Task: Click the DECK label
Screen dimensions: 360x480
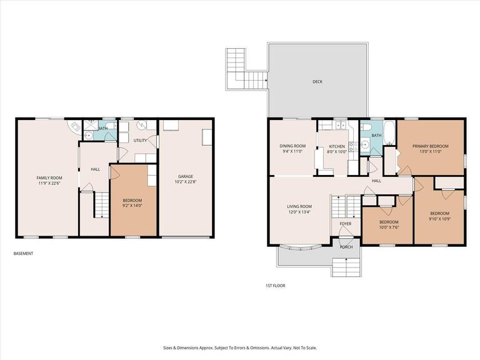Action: tap(317, 82)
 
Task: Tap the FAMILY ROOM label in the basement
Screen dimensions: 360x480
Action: tap(46, 178)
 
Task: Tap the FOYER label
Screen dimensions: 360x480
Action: tap(345, 224)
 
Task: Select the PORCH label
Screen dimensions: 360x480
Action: tap(346, 247)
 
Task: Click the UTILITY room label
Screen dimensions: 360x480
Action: tap(141, 141)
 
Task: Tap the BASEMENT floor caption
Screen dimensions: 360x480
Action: tap(23, 254)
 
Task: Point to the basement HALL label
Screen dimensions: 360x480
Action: tap(95, 169)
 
